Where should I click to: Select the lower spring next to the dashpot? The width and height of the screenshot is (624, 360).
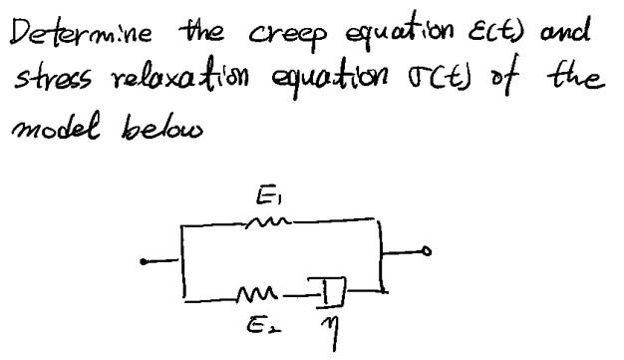coord(256,291)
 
